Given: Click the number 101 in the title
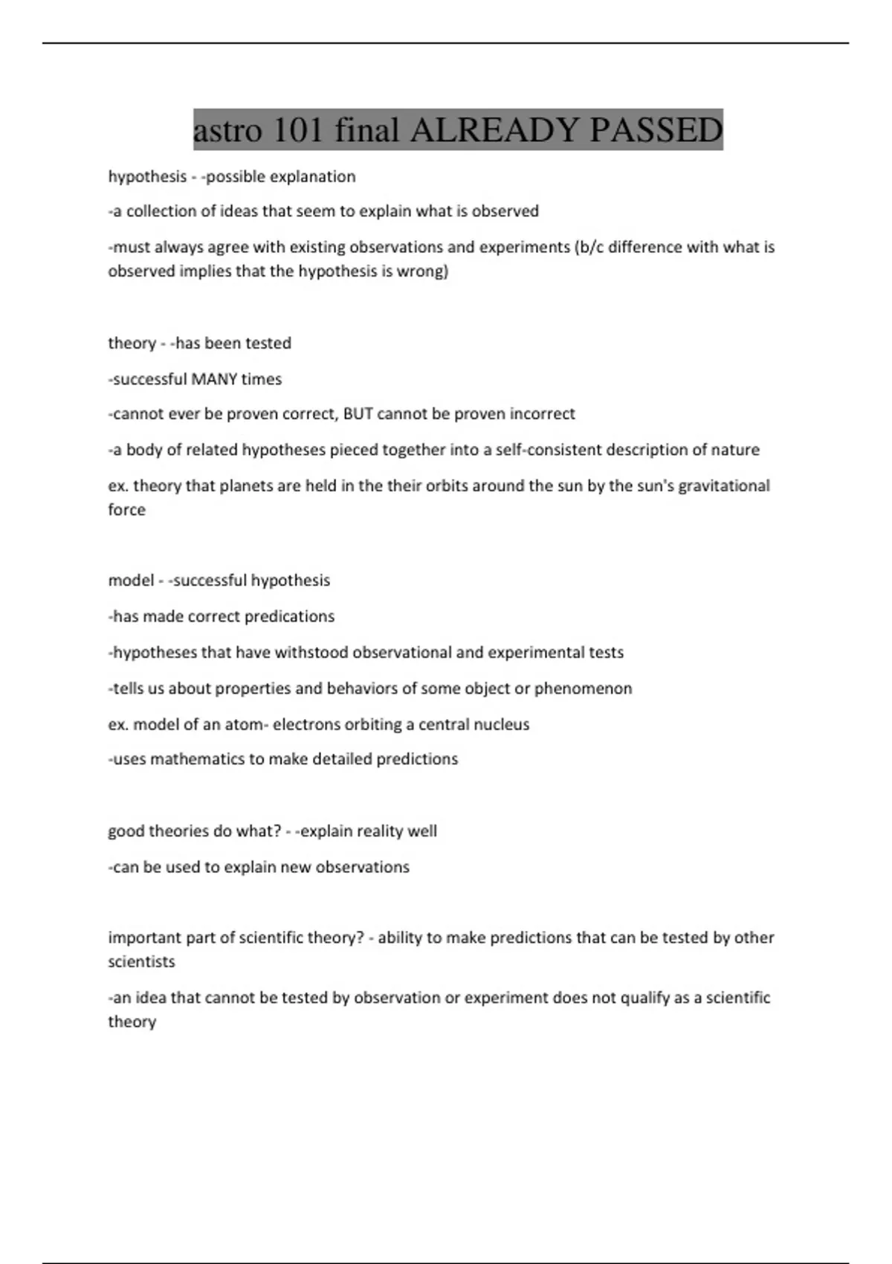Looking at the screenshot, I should tap(298, 130).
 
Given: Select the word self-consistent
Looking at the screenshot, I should tap(544, 450).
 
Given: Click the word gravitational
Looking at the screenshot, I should tap(722, 486).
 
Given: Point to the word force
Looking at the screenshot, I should tap(126, 510).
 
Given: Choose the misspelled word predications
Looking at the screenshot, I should tap(289, 617).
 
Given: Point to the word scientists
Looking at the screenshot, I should tap(141, 962).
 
